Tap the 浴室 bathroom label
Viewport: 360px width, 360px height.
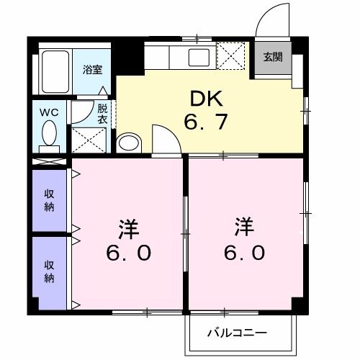pyautogui.click(x=91, y=70)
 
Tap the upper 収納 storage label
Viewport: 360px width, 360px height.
pyautogui.click(x=50, y=199)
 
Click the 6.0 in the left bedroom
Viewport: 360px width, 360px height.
pyautogui.click(x=130, y=254)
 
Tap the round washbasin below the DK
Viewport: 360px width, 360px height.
pyautogui.click(x=130, y=143)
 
